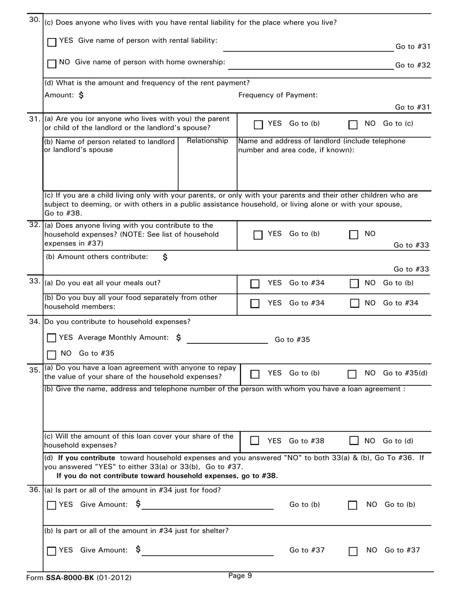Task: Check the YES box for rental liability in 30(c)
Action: click(x=52, y=42)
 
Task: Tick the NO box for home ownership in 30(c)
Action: click(x=52, y=64)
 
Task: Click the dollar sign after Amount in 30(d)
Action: click(x=81, y=95)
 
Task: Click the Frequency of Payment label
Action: click(x=278, y=95)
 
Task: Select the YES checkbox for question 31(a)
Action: click(x=258, y=125)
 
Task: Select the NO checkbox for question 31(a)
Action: click(x=353, y=125)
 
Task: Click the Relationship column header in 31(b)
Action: click(x=207, y=141)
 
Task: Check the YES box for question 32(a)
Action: click(x=258, y=235)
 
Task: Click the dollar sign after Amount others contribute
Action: click(x=165, y=257)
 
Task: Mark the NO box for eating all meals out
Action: click(x=353, y=284)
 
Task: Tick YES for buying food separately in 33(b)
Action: click(x=255, y=304)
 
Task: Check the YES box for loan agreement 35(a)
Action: click(x=255, y=374)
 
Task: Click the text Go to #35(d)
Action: click(x=404, y=373)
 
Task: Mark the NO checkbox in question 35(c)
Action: click(x=353, y=441)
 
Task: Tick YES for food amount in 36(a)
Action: click(x=52, y=506)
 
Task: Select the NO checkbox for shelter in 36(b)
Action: click(x=353, y=551)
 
